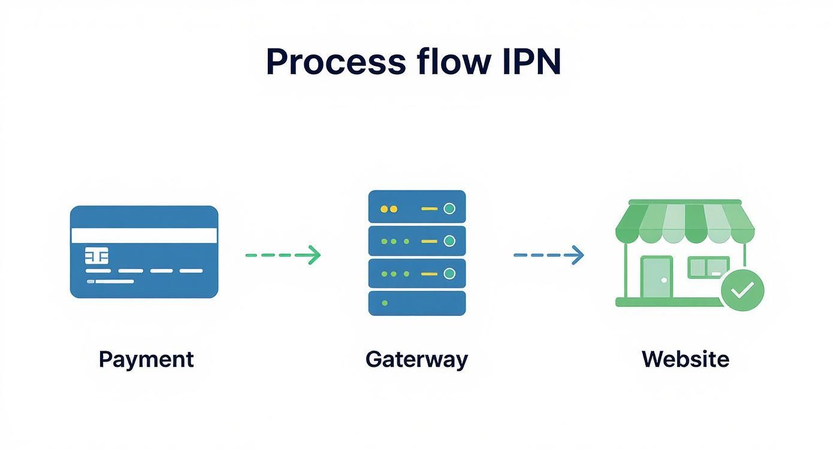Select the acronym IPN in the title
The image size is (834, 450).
click(530, 62)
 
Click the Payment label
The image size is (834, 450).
click(146, 360)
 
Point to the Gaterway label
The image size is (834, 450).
click(416, 360)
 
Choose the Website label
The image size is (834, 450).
click(685, 360)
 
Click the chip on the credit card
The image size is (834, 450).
click(97, 257)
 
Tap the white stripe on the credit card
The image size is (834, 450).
click(144, 235)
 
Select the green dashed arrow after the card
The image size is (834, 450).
click(283, 255)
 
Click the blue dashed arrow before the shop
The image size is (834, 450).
click(548, 255)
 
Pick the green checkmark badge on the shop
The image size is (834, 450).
click(742, 290)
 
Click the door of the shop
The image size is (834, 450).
click(656, 277)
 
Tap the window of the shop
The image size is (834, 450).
click(708, 267)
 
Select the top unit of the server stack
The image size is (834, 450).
click(416, 207)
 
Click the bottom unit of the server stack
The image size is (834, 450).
click(416, 303)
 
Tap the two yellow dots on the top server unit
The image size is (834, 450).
click(389, 209)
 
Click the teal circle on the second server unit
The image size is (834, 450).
click(449, 241)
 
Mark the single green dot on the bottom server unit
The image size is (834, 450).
click(385, 303)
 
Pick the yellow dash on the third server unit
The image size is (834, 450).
click(429, 274)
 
